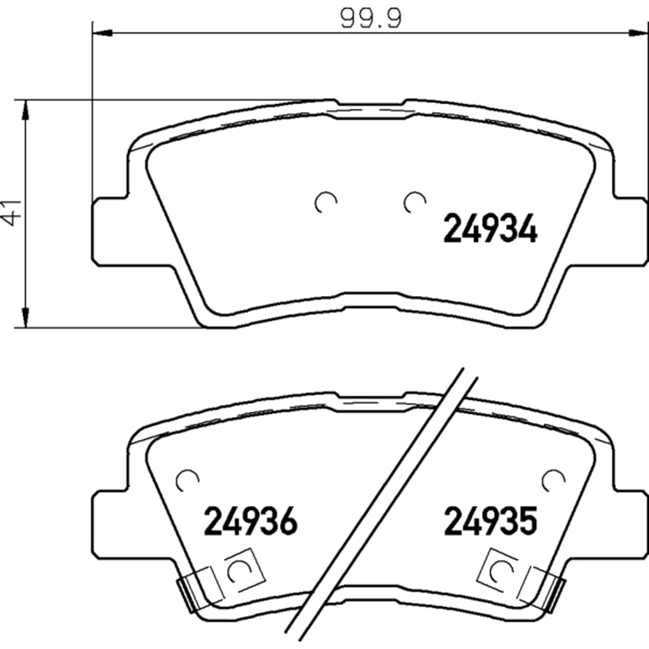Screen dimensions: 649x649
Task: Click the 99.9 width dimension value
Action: click(x=371, y=18)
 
